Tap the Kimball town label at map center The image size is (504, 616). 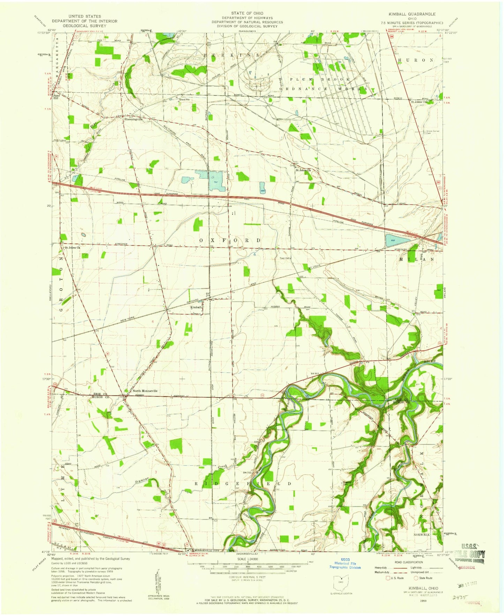point(195,307)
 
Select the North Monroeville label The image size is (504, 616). point(145,391)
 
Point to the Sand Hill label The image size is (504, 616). point(55,96)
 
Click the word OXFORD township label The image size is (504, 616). point(230,240)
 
